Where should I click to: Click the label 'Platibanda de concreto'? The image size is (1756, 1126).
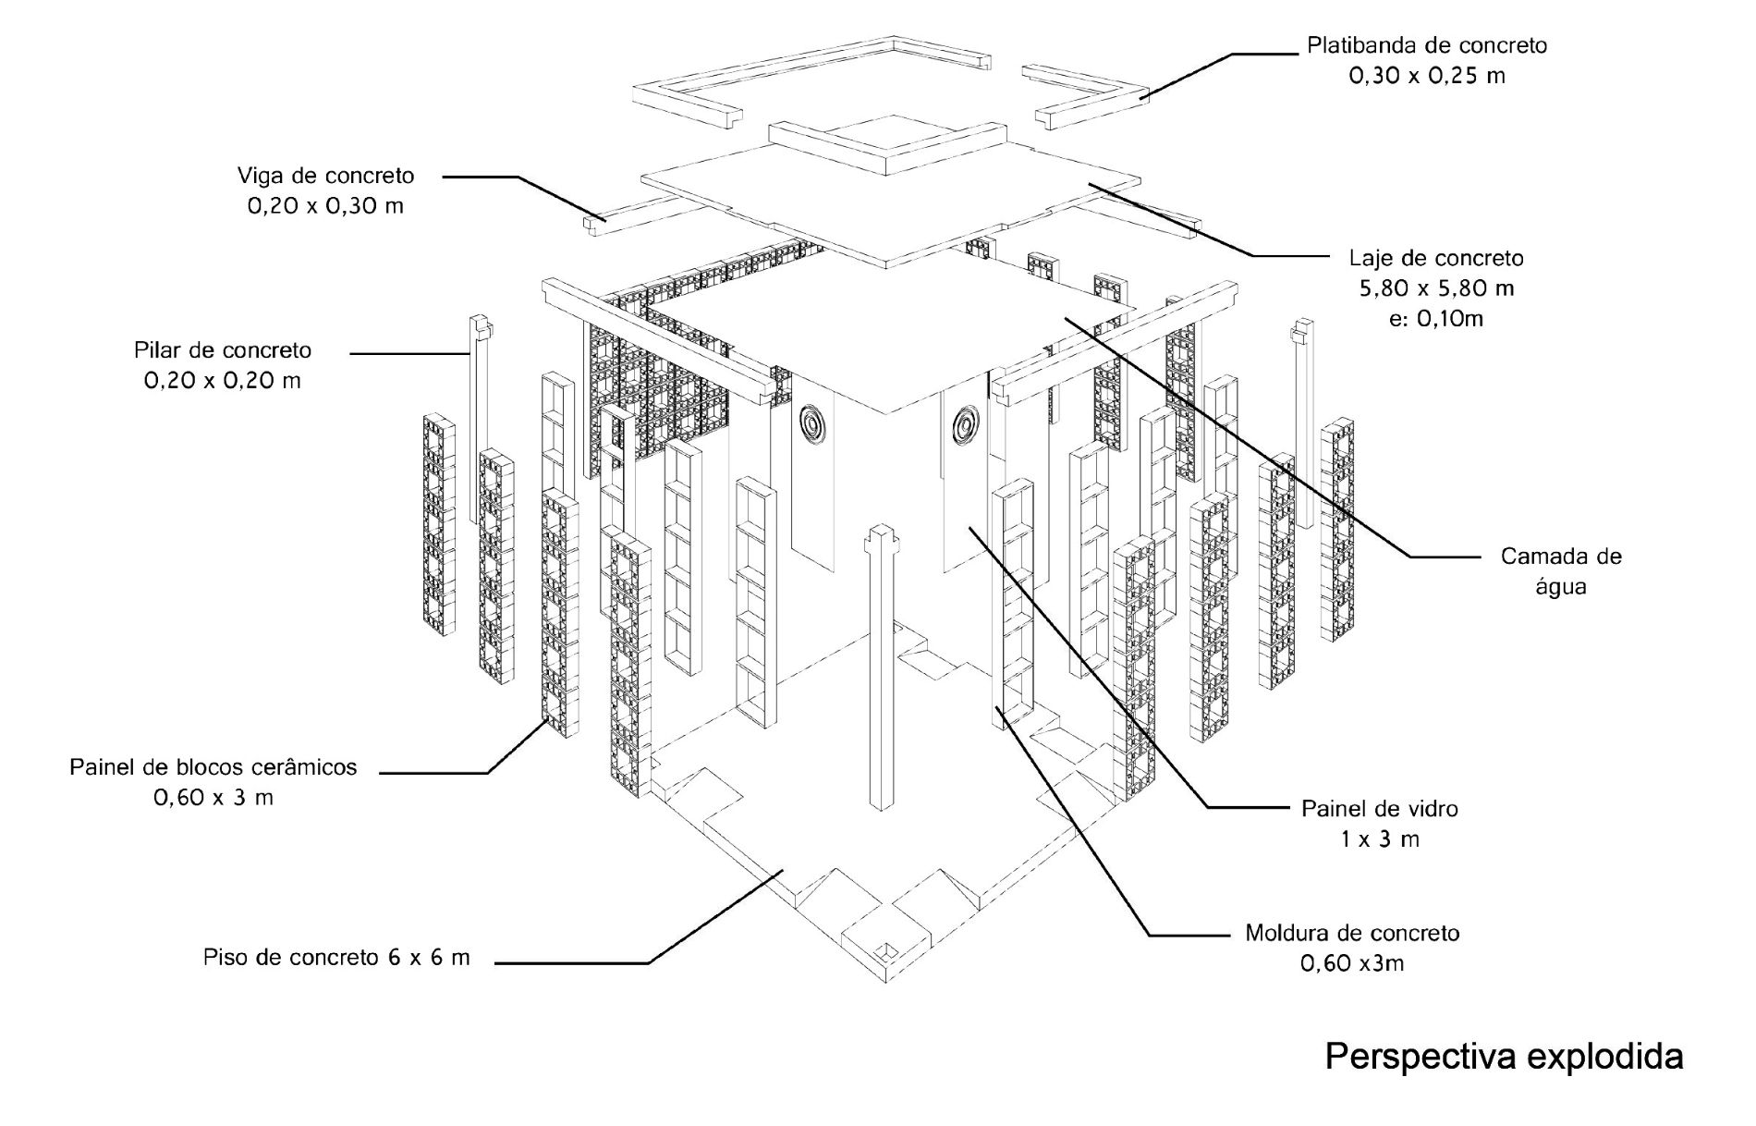[x=1426, y=44]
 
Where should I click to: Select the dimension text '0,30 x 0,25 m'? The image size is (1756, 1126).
[x=1427, y=76]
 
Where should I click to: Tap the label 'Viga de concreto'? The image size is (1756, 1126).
[x=325, y=175]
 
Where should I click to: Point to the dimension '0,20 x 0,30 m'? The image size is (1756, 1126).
[x=325, y=206]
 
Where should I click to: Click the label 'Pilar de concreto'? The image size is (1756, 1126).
[x=223, y=350]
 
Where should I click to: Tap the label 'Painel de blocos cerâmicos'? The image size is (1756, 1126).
[x=213, y=766]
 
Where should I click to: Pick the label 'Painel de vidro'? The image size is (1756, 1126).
[x=1380, y=808]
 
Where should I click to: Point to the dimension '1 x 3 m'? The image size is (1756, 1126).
[x=1380, y=839]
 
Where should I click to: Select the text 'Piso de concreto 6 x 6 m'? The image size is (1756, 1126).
[x=336, y=957]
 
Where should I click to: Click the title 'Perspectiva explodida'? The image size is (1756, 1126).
[x=1504, y=1056]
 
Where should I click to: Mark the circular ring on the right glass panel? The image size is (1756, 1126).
[x=965, y=424]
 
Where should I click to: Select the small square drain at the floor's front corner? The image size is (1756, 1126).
[x=884, y=951]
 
